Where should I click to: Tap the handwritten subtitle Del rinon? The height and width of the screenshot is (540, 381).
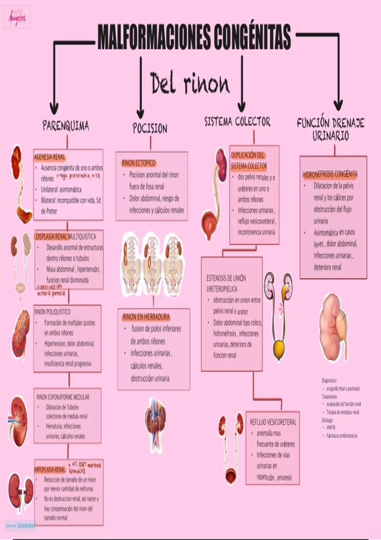190,83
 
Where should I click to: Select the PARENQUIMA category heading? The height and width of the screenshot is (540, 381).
66,126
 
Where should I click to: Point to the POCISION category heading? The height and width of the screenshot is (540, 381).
150,128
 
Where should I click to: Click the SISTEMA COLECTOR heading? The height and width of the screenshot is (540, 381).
237,121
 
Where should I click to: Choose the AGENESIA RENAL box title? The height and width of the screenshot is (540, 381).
50,157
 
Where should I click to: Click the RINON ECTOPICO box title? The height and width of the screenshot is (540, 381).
138,163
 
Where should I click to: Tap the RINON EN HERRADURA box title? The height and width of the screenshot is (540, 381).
146,317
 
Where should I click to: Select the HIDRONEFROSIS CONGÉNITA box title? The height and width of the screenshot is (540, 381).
330,174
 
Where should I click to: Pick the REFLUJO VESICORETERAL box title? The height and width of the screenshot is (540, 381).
273,422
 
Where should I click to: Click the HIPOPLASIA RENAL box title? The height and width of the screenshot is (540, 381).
50,469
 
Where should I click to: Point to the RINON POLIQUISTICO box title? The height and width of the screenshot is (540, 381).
52,312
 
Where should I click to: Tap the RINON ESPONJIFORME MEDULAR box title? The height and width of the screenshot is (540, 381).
63,397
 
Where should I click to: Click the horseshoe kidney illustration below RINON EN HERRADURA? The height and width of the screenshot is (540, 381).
155,419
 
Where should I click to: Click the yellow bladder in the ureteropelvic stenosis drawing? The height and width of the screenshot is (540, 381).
279,349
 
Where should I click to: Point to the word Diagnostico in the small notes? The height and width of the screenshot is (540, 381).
329,380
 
